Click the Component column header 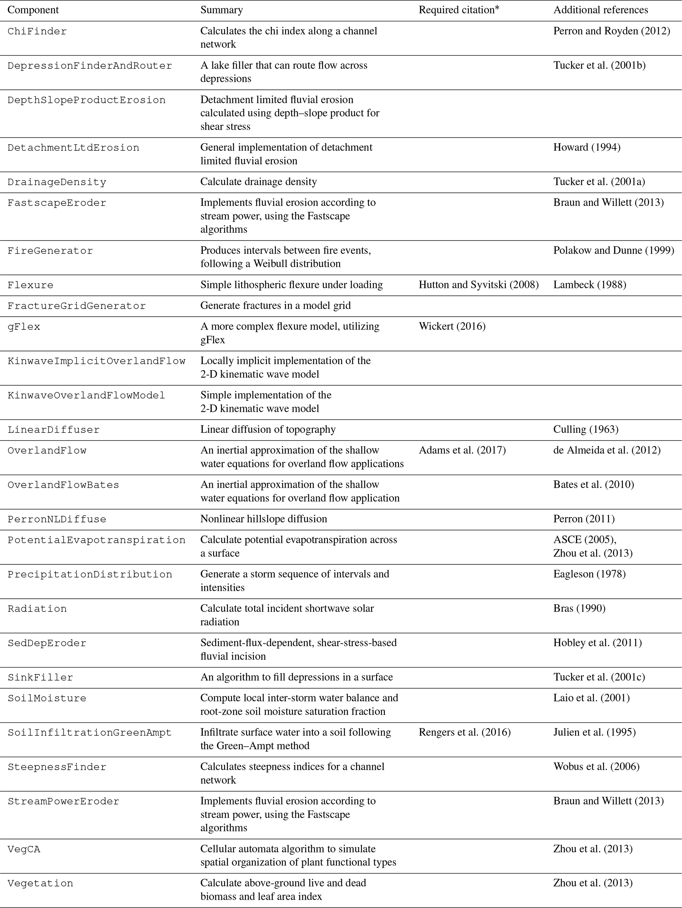click(33, 10)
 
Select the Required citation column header click(459, 10)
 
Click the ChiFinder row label click(37, 32)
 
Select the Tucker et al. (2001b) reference click(599, 65)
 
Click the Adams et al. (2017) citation click(462, 450)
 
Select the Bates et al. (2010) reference click(593, 485)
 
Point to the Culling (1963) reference click(586, 429)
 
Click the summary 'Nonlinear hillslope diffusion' click(264, 519)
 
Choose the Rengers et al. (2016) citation click(464, 732)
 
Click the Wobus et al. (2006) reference click(596, 767)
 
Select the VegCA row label click(24, 849)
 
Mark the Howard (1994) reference click(587, 147)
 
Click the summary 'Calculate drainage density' click(258, 182)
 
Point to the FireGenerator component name click(50, 251)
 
